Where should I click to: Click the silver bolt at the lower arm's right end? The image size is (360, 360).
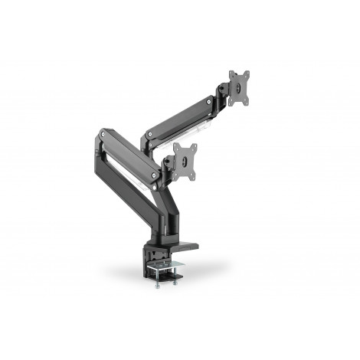tap(156, 175)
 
